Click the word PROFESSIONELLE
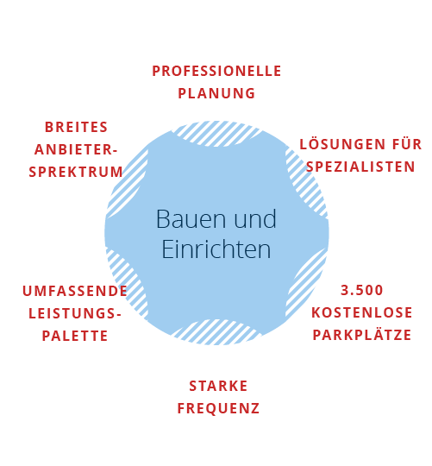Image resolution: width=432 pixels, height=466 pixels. click(216, 71)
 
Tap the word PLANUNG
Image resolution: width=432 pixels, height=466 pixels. click(216, 93)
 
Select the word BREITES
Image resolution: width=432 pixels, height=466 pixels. click(76, 127)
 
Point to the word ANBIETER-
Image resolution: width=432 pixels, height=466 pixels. click(76, 149)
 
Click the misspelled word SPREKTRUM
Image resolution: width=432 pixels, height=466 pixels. click(76, 172)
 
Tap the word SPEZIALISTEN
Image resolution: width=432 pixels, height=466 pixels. click(360, 167)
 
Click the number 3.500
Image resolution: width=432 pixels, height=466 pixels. click(361, 290)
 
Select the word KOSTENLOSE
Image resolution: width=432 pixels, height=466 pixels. click(362, 312)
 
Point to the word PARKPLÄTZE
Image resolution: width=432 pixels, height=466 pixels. click(362, 334)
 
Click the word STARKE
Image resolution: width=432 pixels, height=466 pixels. click(218, 386)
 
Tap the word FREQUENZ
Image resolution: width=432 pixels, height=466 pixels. click(218, 409)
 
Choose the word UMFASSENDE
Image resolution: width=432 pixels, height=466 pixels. click(75, 291)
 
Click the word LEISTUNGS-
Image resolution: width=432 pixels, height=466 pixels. click(75, 313)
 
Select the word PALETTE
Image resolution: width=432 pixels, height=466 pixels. click(75, 336)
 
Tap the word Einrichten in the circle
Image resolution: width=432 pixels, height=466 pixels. click(216, 249)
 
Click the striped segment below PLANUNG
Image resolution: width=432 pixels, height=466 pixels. click(216, 135)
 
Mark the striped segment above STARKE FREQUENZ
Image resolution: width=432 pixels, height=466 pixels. click(216, 331)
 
